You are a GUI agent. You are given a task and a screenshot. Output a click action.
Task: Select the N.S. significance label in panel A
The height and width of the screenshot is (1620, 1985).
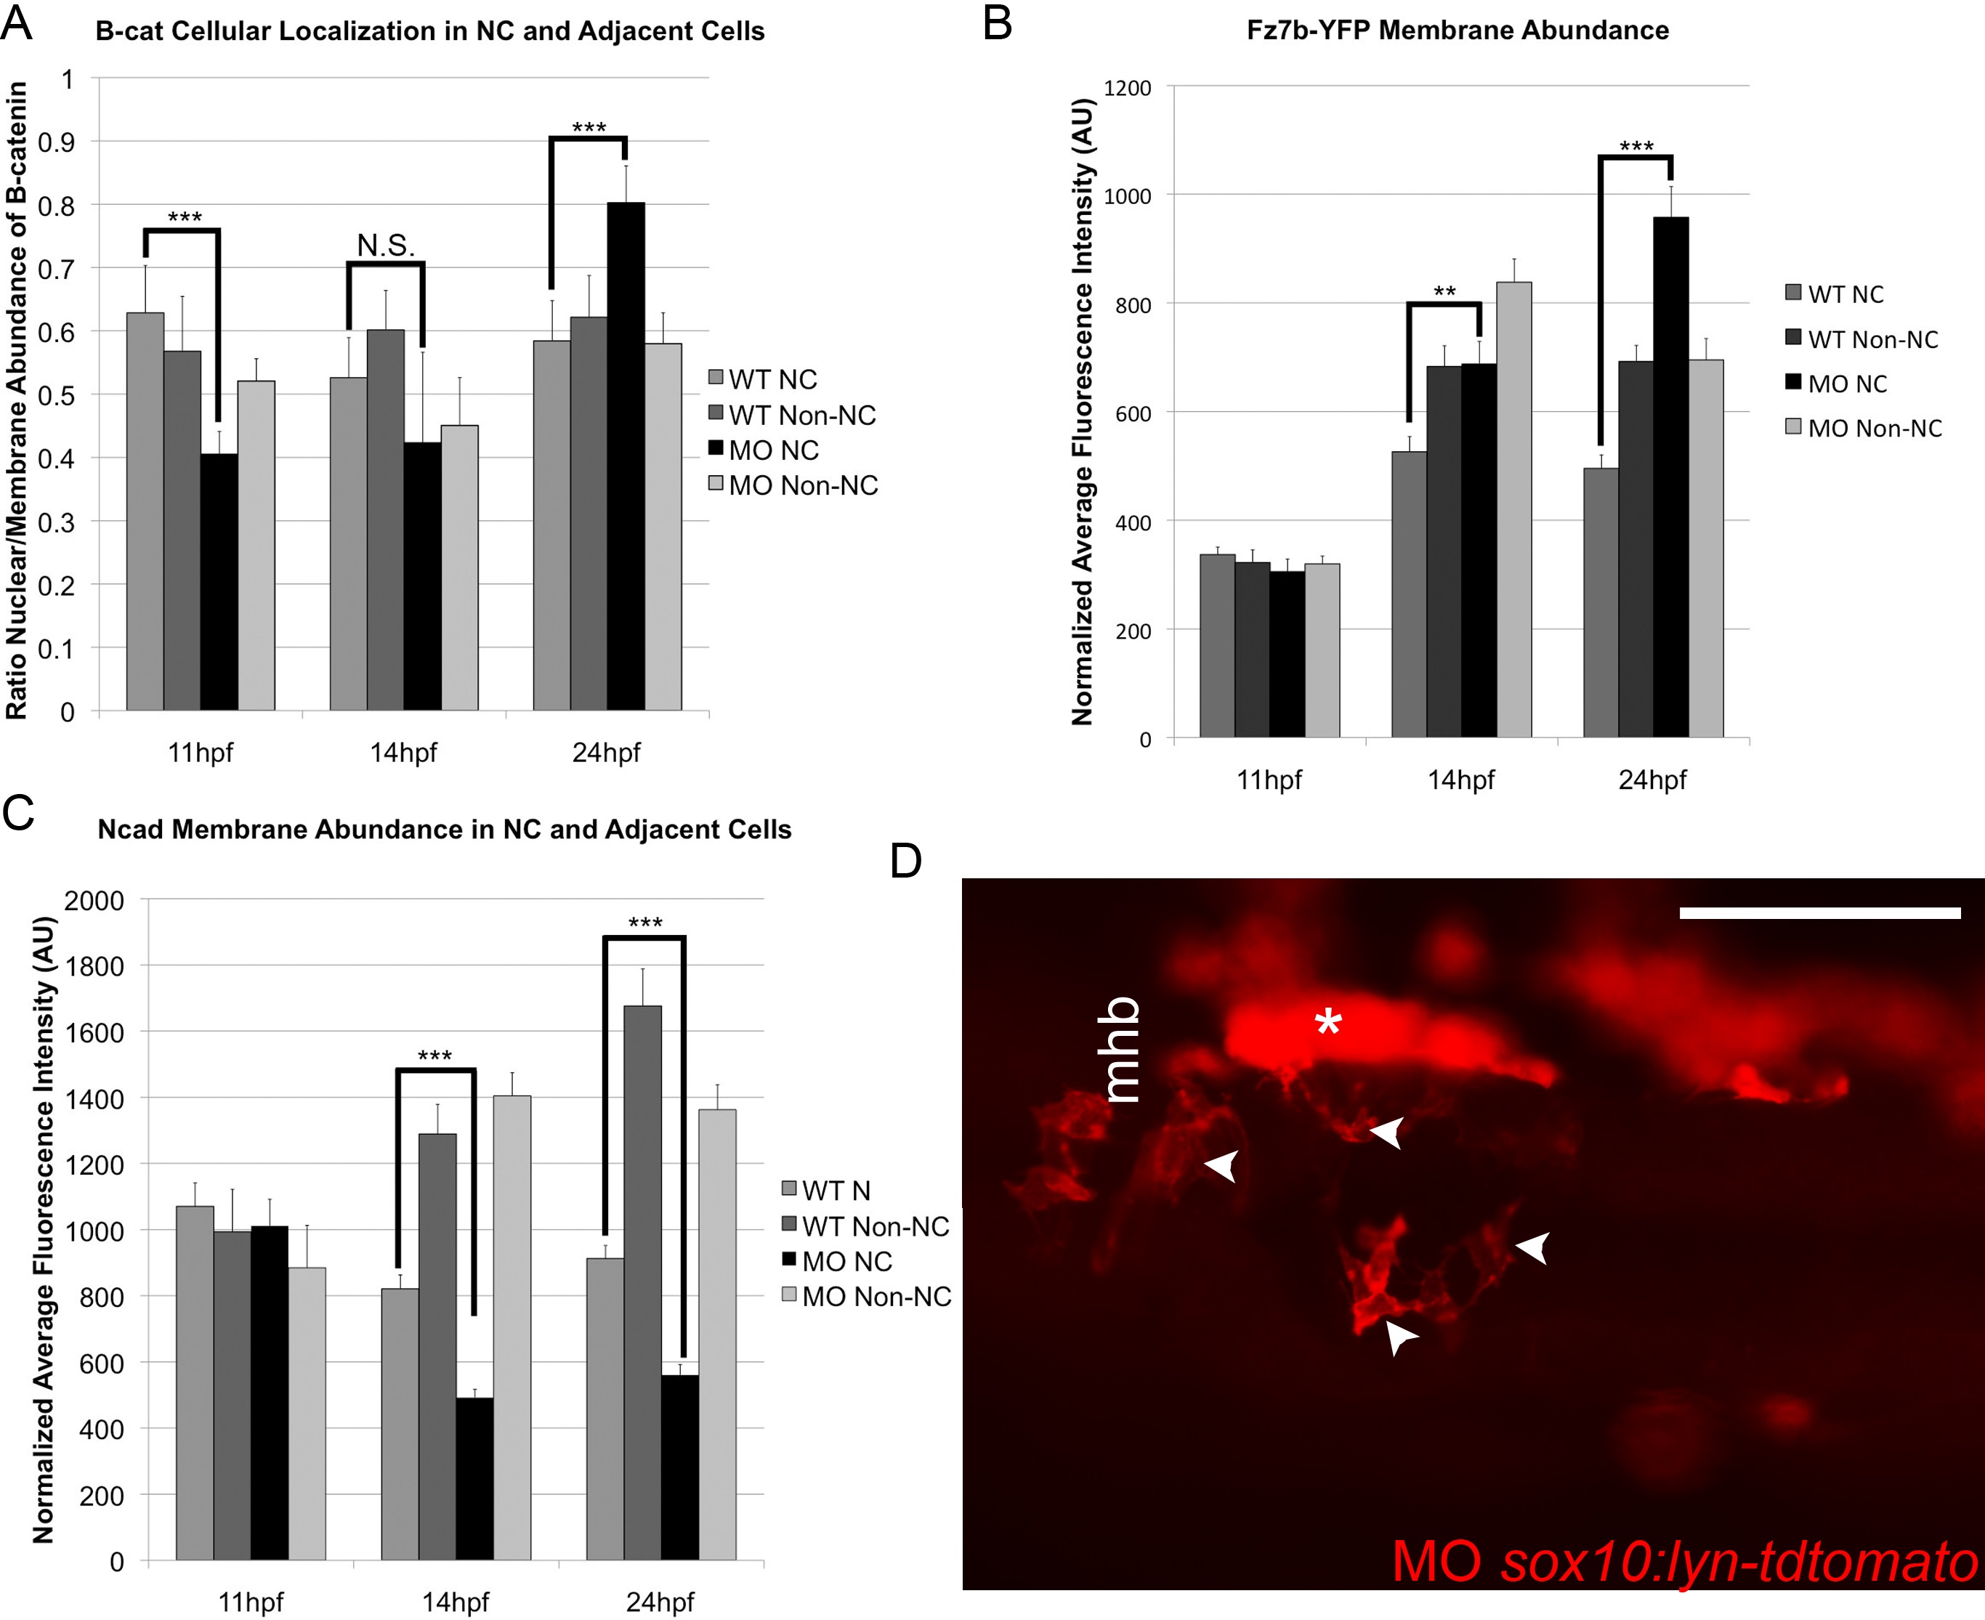[x=385, y=246]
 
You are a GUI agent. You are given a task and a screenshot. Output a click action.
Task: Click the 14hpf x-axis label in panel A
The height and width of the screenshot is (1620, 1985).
[x=403, y=752]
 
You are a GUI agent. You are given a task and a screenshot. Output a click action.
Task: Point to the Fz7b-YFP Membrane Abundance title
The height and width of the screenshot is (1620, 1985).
[x=1458, y=30]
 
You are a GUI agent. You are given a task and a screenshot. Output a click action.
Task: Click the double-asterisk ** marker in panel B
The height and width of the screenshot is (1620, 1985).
[x=1444, y=292]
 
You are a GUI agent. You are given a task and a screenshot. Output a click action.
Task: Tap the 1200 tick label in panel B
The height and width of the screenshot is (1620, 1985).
[x=1128, y=88]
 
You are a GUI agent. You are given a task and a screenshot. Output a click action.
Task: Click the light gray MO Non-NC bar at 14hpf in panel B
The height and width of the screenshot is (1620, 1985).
[x=1513, y=509]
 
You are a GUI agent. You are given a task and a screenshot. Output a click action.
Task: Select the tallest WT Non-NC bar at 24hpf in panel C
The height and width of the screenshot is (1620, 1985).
[x=643, y=1282]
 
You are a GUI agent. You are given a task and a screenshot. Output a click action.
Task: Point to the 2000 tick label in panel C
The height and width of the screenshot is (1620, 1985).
[x=93, y=901]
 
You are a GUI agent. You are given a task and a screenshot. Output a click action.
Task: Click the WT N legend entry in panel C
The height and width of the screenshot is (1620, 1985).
[x=827, y=1191]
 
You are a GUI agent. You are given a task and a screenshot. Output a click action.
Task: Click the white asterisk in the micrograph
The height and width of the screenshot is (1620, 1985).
[x=1328, y=1023]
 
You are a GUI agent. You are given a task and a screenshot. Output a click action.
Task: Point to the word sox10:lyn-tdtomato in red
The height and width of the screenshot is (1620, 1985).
[x=1739, y=1561]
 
